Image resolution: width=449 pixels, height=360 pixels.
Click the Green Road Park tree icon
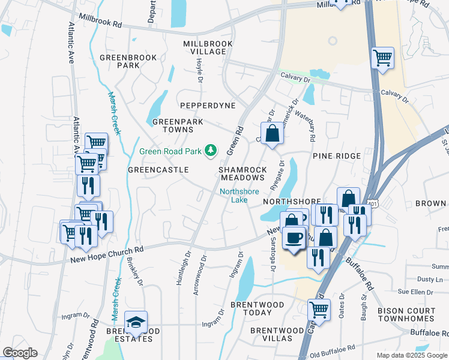[211, 151]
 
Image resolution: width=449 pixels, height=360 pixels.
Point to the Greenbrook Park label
[128, 61]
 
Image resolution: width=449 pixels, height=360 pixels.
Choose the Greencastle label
[154, 170]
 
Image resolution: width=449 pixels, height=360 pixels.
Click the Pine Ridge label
[336, 155]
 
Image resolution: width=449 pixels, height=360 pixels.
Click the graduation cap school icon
[136, 323]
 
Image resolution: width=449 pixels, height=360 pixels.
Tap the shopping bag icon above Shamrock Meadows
[272, 134]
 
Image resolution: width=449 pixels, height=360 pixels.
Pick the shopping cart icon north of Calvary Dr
[382, 58]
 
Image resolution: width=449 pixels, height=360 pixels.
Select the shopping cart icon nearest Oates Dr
[319, 310]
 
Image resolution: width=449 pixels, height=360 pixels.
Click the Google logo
[20, 353]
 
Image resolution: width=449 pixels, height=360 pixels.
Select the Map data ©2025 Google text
[411, 355]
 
